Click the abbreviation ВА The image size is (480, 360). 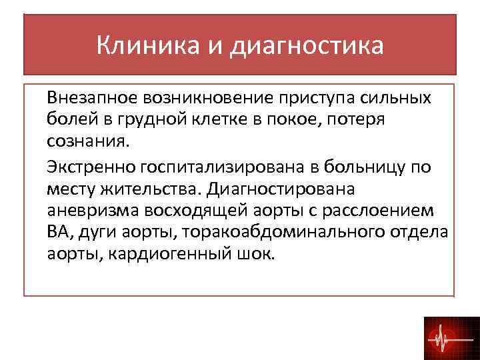[58, 233]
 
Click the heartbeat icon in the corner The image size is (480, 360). [447, 337]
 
